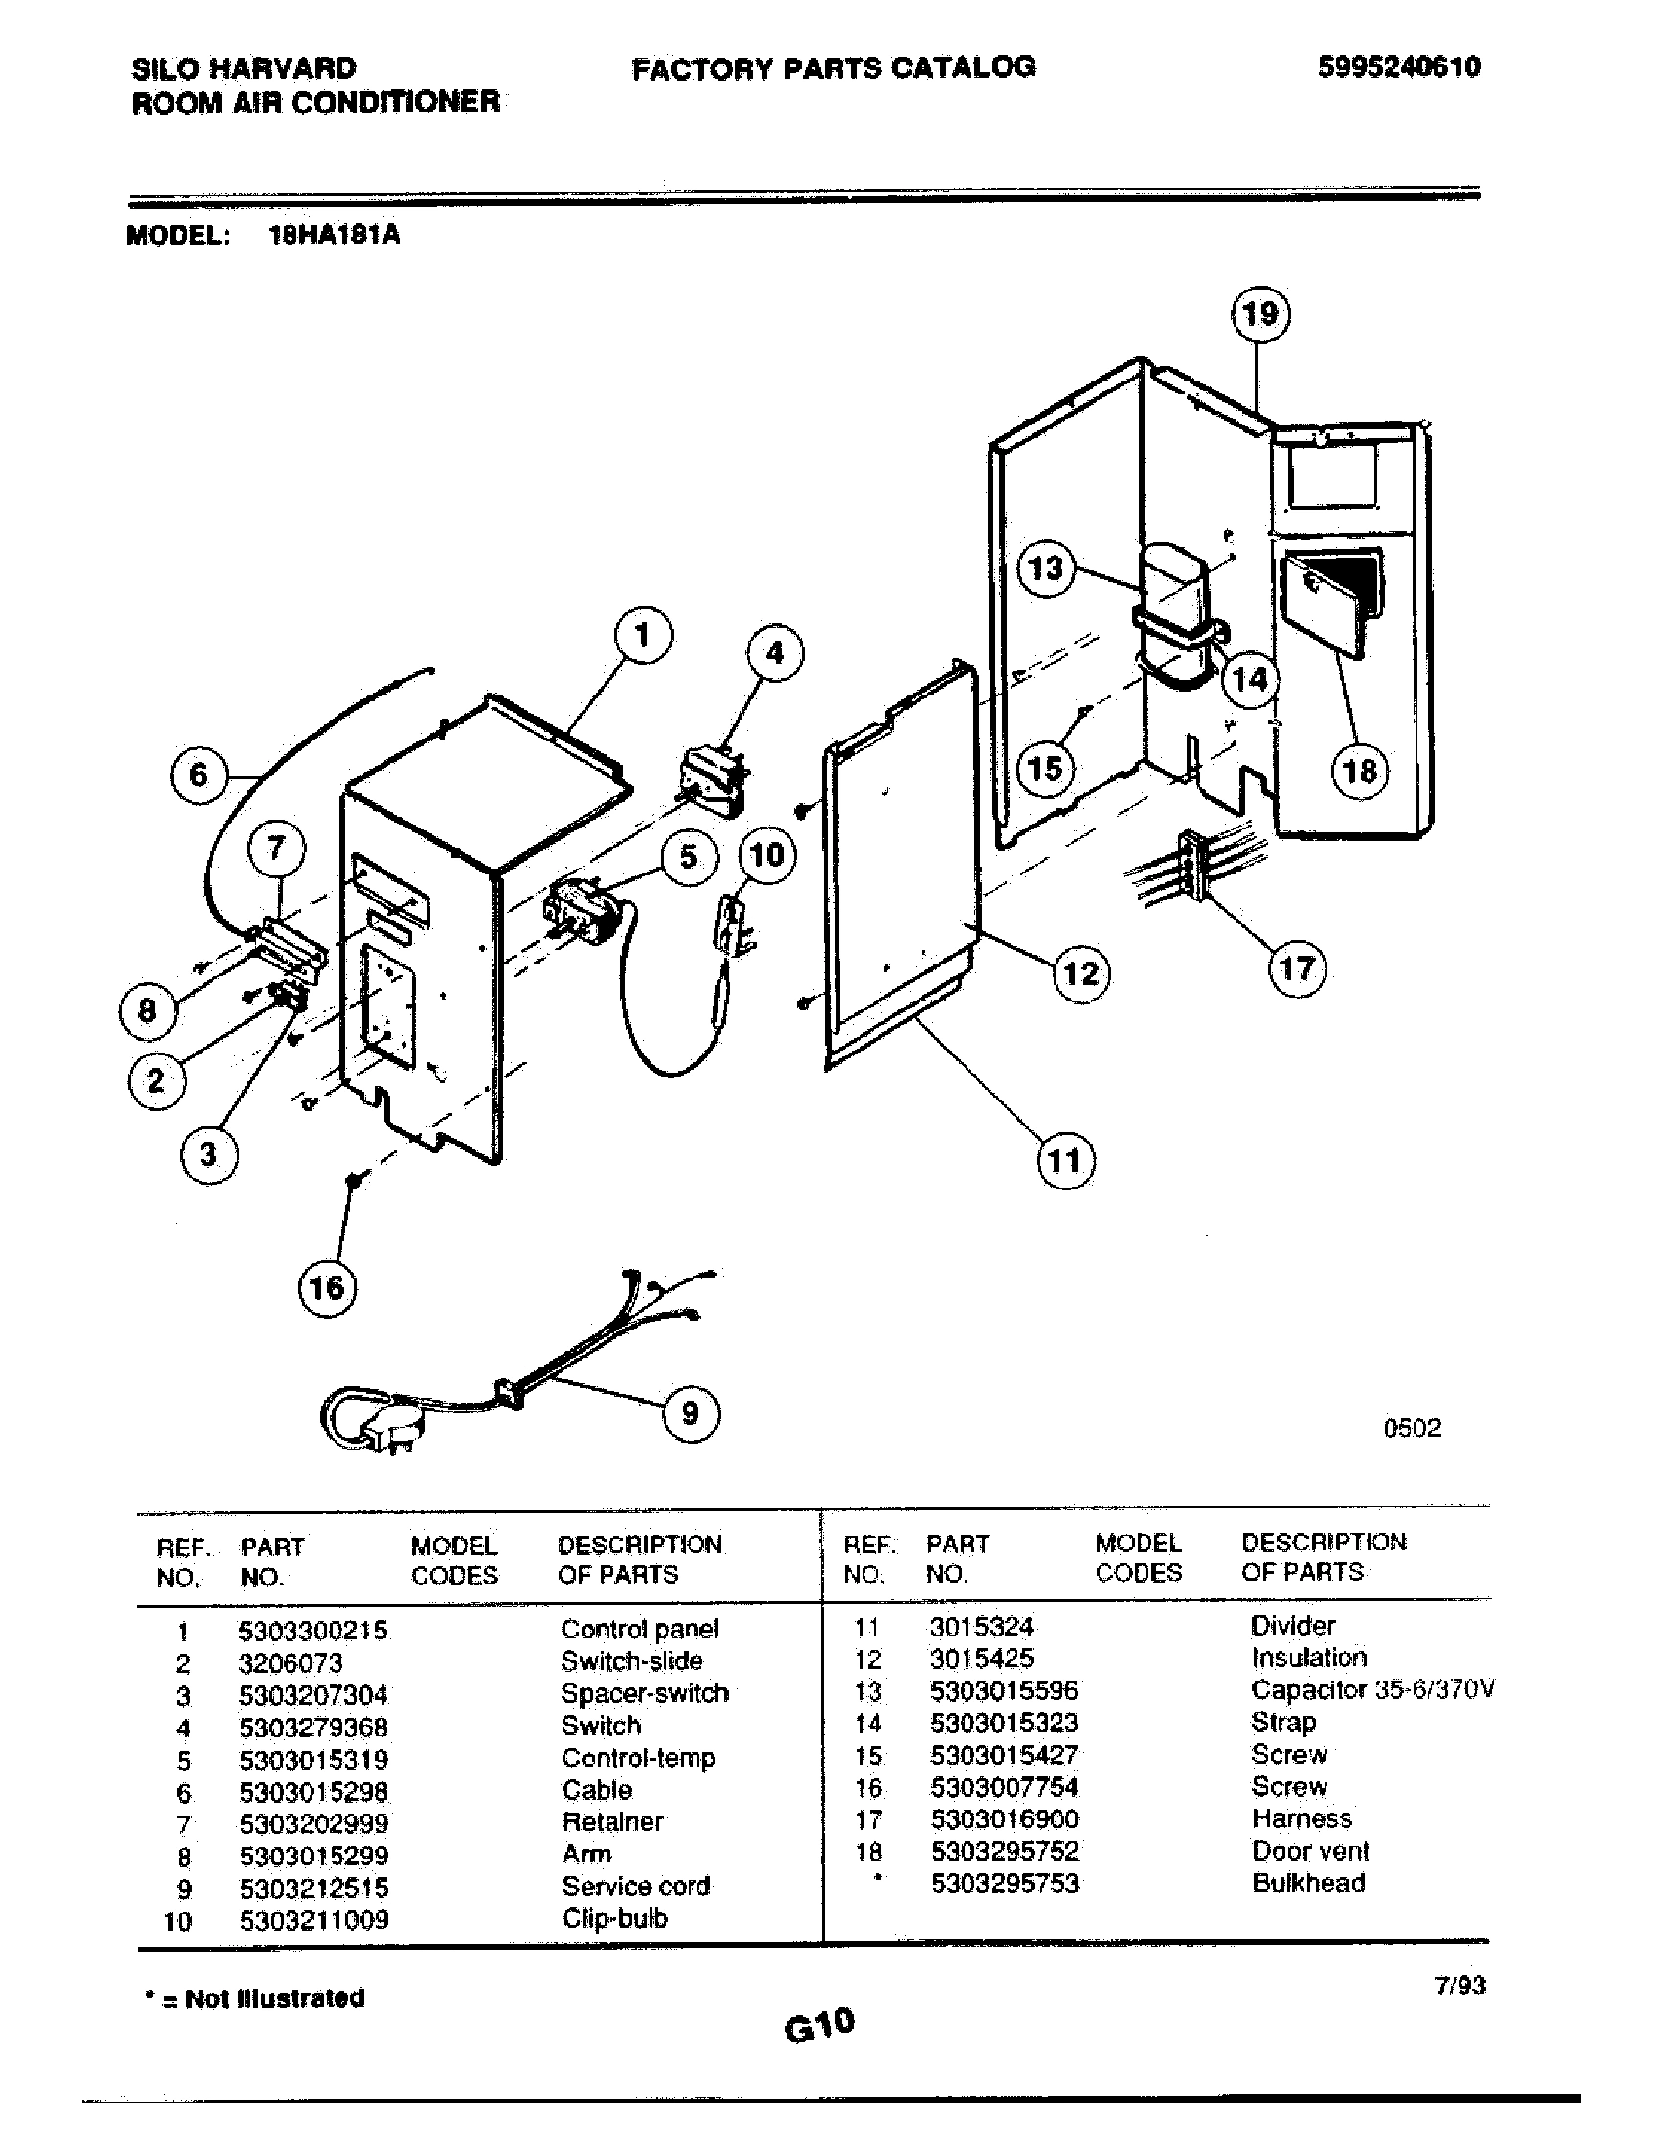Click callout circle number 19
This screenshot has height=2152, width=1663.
(1260, 314)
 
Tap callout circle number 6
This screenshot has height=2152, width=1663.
(198, 775)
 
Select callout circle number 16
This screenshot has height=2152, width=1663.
(327, 1287)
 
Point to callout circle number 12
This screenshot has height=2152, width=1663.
(1081, 973)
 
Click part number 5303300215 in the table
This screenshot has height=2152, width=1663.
(313, 1630)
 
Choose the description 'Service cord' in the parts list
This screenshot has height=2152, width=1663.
(636, 1886)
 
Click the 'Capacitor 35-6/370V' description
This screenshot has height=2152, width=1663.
(1372, 1690)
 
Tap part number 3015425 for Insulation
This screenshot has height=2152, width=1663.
(982, 1658)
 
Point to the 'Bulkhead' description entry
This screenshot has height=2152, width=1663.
(1308, 1883)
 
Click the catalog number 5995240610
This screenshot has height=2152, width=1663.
(1398, 67)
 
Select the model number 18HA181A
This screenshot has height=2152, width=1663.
(334, 236)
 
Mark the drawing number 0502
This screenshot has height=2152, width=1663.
(1412, 1428)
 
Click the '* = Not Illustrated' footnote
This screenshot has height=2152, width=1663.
(254, 1998)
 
